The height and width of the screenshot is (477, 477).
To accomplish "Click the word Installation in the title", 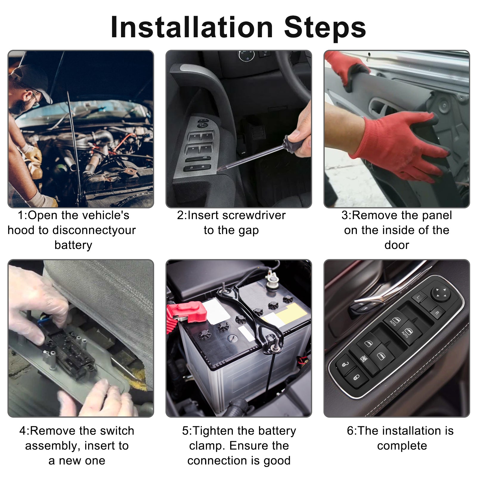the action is click(x=192, y=27).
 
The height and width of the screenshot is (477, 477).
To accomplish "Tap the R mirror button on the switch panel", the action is click(x=437, y=313).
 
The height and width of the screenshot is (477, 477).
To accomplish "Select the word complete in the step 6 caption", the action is click(x=402, y=446).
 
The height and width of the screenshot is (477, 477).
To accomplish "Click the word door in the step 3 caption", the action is click(x=397, y=245).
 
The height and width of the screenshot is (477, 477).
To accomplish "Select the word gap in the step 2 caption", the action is click(x=248, y=231).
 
